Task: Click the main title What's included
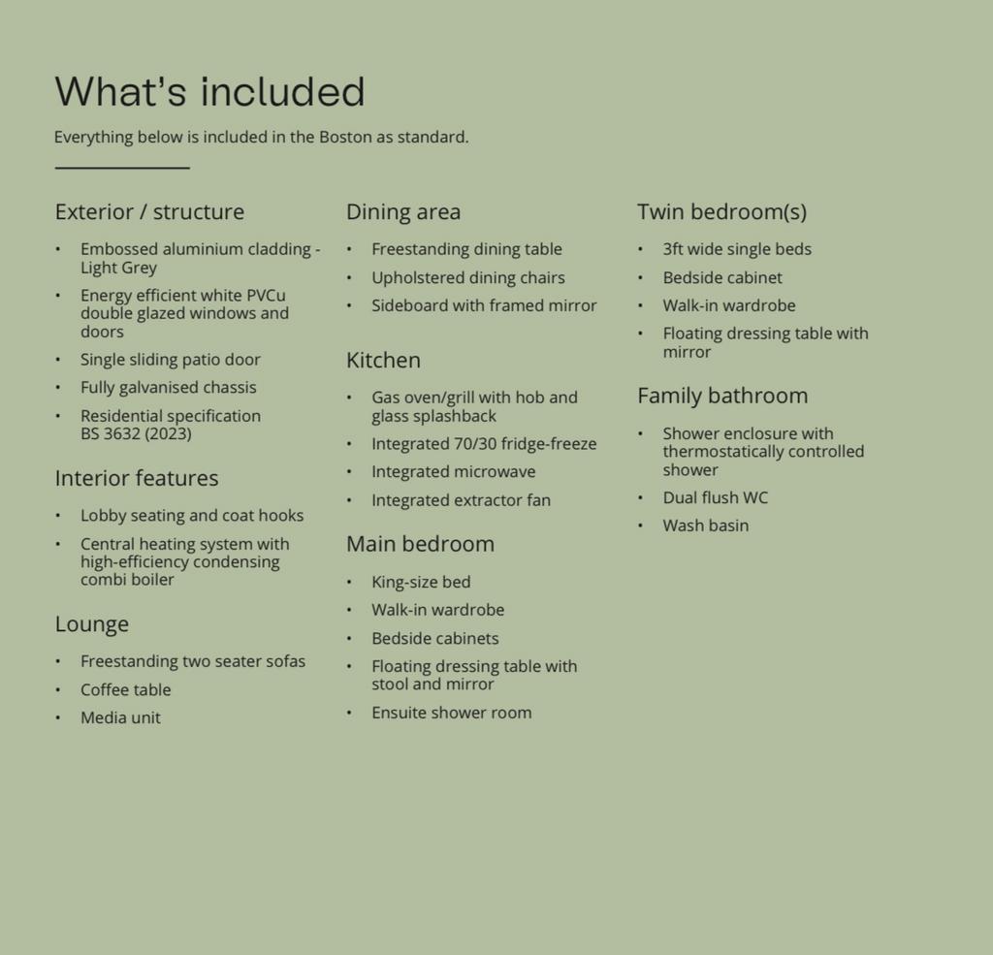209,92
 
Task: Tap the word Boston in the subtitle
345,137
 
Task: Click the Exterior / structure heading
149,212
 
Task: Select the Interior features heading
137,478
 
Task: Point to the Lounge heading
92,624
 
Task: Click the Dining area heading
403,212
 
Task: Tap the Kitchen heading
383,361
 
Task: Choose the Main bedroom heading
420,544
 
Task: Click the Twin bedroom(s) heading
721,212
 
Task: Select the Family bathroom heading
722,396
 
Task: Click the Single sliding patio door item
171,360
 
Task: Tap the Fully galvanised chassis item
169,388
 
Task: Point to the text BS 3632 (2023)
136,433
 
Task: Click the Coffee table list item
125,690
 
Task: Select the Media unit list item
120,718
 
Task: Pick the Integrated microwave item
453,472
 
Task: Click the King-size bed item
421,583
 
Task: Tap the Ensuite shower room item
451,713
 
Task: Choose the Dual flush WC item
715,498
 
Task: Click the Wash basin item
705,526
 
